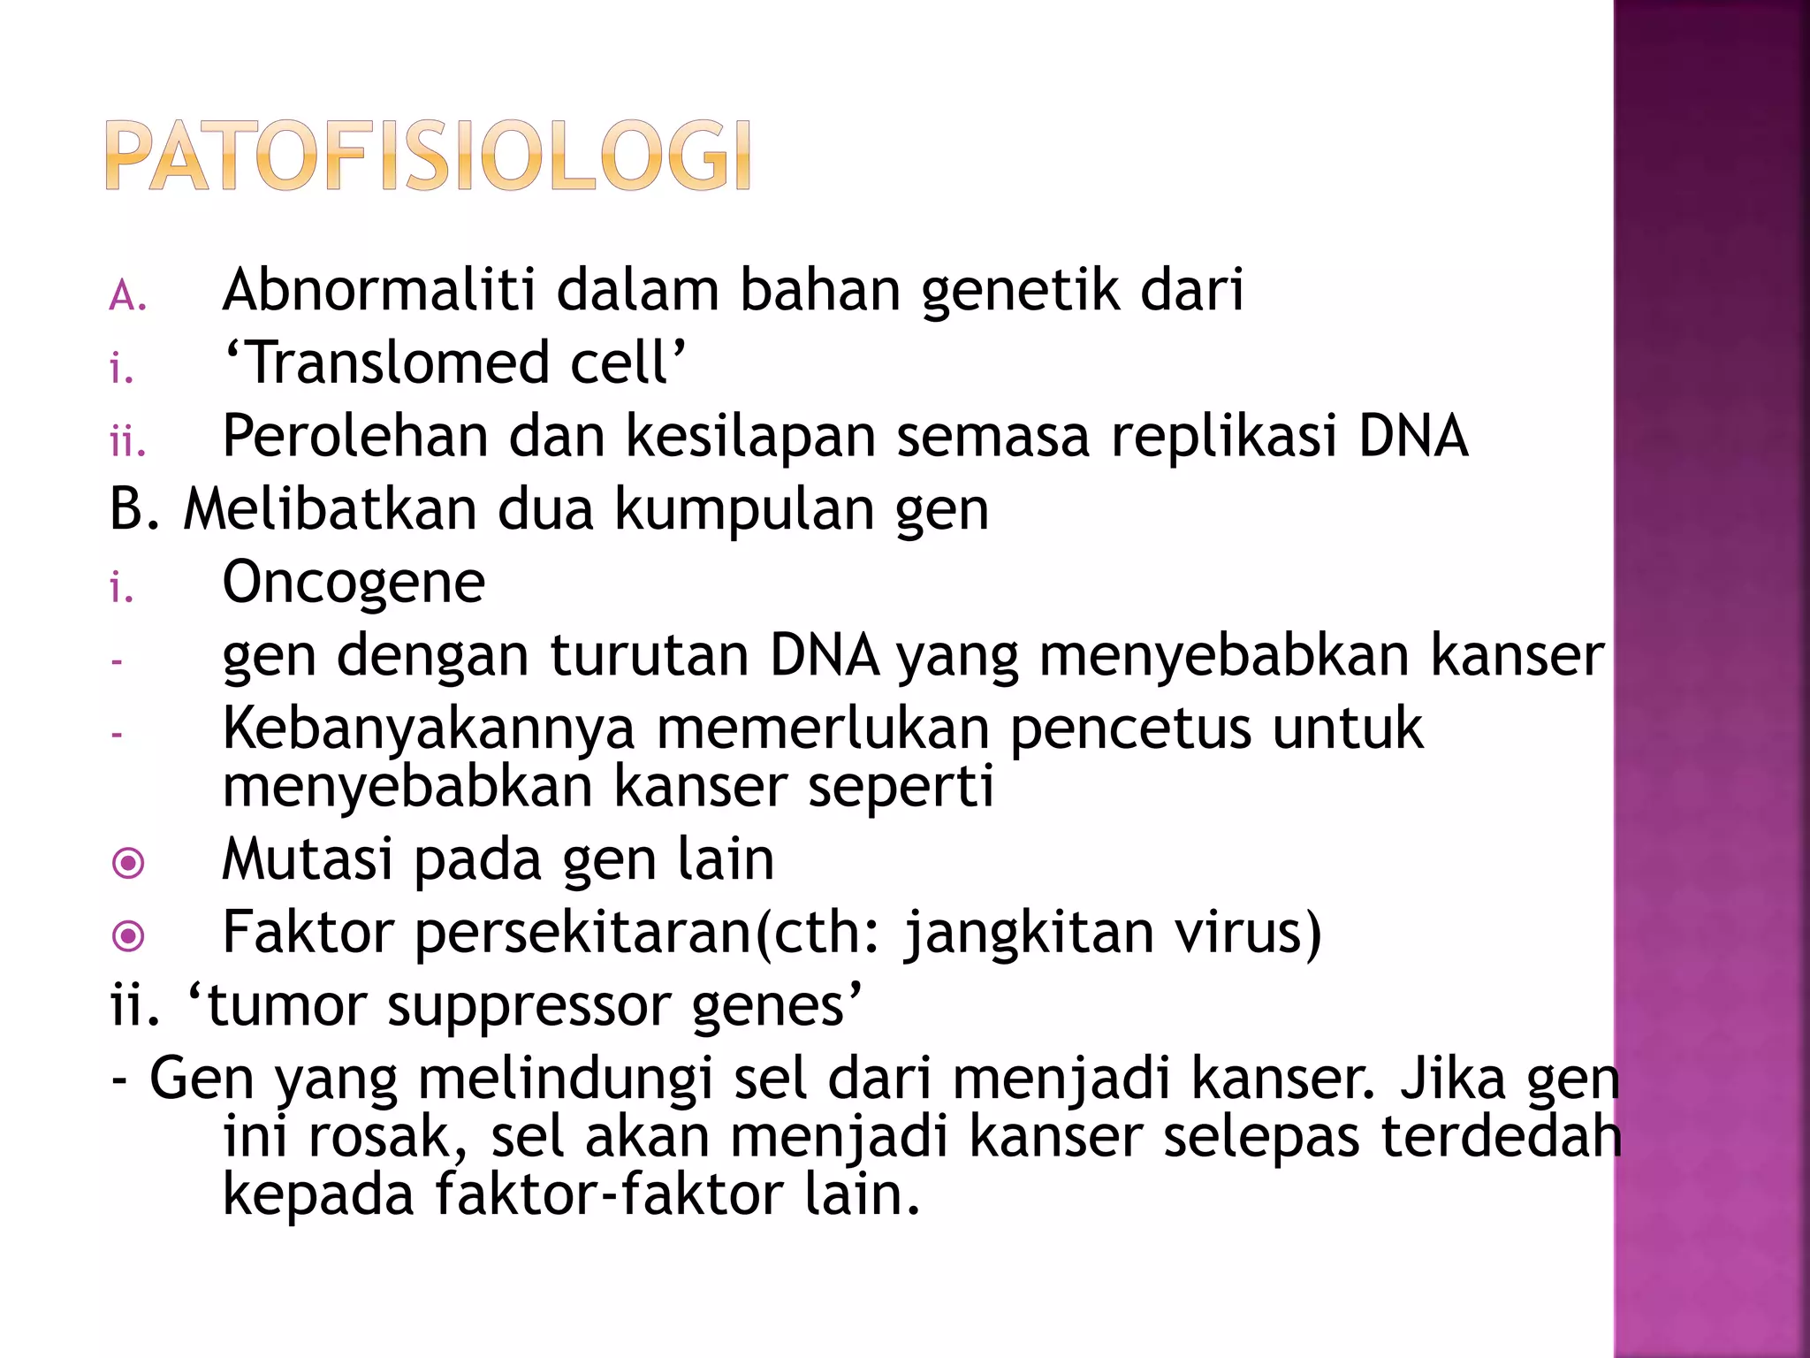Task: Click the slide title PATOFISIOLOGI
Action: [x=429, y=156]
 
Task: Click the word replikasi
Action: [x=1223, y=438]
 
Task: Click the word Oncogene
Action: [x=354, y=584]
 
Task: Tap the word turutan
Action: [x=649, y=656]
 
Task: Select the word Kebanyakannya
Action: [x=429, y=729]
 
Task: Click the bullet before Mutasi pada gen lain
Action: [x=129, y=863]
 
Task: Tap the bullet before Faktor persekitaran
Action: [x=129, y=935]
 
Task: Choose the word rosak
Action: [x=387, y=1137]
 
